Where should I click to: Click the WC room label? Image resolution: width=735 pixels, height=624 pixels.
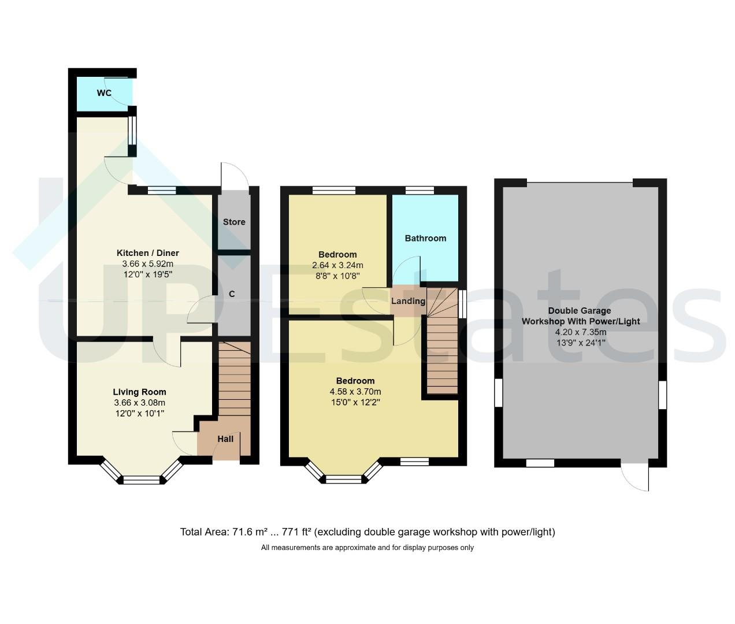104,93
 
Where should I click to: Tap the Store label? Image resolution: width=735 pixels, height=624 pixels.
234,222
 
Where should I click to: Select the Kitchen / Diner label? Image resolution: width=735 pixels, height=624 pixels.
147,253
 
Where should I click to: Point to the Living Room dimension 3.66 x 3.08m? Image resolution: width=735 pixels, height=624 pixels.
139,403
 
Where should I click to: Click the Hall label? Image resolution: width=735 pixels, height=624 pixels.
225,439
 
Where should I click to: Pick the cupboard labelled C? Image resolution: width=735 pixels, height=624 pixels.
232,294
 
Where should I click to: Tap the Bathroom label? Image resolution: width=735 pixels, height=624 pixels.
425,238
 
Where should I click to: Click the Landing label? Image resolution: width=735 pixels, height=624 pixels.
408,301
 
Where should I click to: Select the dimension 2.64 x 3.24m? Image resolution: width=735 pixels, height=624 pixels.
337,265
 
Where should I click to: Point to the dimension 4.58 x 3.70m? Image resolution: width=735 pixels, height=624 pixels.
355,392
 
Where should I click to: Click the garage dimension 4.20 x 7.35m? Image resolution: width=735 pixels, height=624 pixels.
581,332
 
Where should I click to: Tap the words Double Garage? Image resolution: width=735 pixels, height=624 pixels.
579,311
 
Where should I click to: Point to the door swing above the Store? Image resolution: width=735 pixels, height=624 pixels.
235,176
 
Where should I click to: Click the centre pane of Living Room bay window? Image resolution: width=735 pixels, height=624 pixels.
142,480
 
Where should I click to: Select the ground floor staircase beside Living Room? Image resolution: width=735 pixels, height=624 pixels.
235,379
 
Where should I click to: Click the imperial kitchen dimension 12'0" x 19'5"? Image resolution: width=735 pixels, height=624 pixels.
147,274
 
